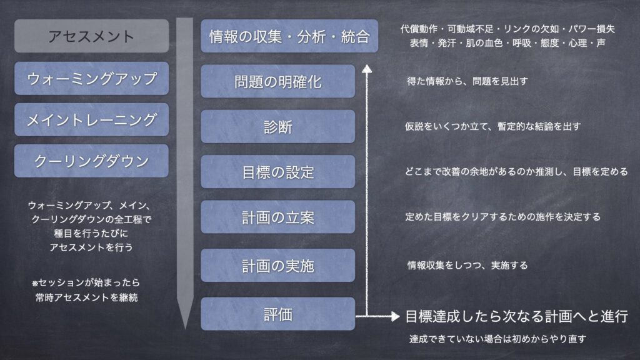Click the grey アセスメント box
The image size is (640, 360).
pyautogui.click(x=91, y=36)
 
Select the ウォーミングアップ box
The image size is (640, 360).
pyautogui.click(x=91, y=78)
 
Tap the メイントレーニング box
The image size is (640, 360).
pyautogui.click(x=91, y=119)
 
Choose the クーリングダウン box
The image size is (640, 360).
pyautogui.click(x=91, y=161)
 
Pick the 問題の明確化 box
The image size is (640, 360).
pyautogui.click(x=278, y=81)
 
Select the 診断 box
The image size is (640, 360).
pyautogui.click(x=278, y=126)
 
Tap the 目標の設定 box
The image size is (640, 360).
pyautogui.click(x=278, y=172)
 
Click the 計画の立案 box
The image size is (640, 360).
pyautogui.click(x=278, y=217)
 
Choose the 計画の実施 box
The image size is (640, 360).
pyautogui.click(x=278, y=265)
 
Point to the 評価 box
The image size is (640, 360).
pyautogui.click(x=278, y=314)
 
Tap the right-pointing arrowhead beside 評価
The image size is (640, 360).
pyautogui.click(x=394, y=316)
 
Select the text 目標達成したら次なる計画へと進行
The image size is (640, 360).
pyautogui.click(x=516, y=316)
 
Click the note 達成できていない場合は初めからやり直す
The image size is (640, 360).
pyautogui.click(x=497, y=339)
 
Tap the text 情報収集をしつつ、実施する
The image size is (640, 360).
pyautogui.click(x=467, y=265)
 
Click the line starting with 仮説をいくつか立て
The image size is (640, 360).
pyautogui.click(x=493, y=126)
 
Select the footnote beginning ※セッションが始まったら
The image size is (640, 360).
pyautogui.click(x=86, y=290)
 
